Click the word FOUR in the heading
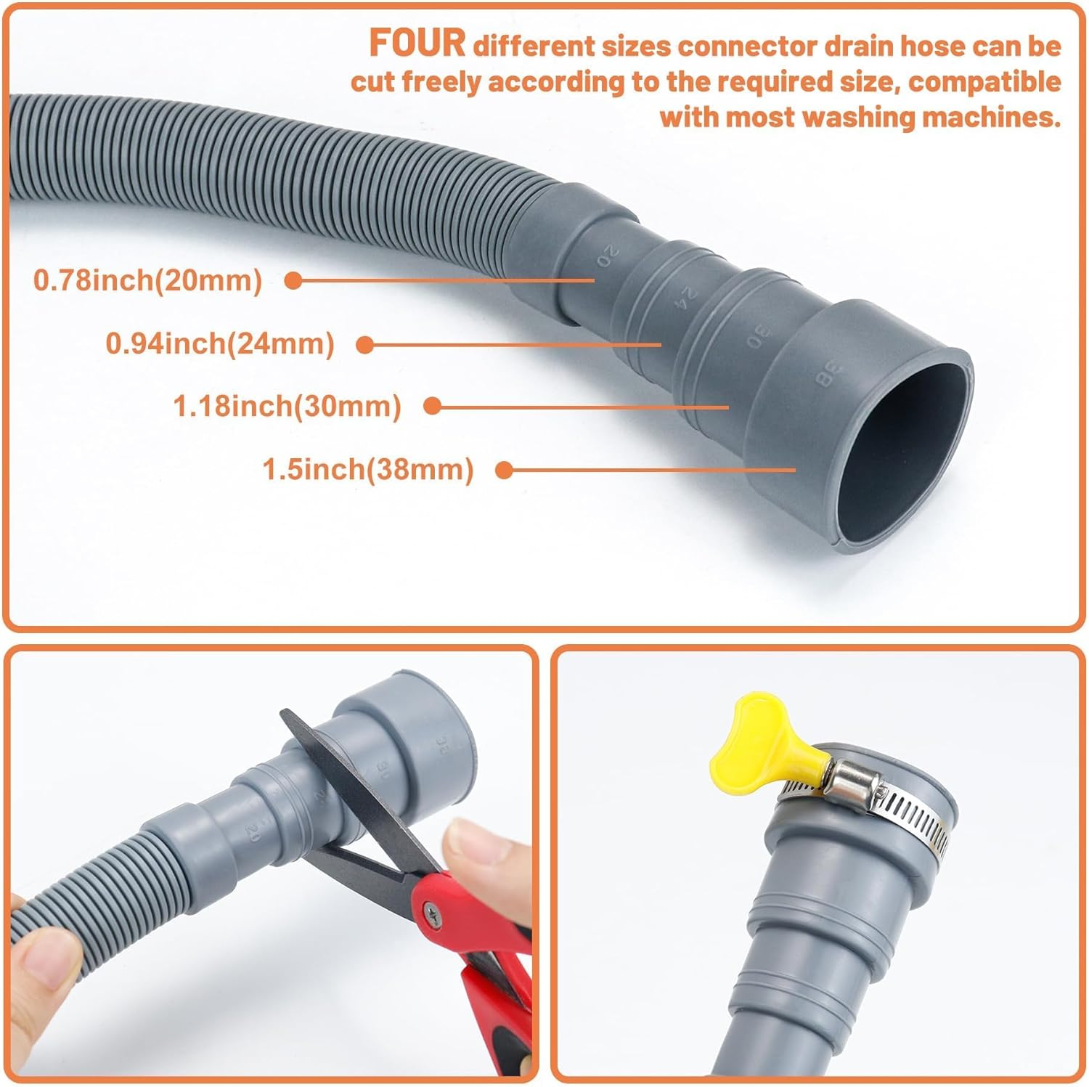(x=417, y=43)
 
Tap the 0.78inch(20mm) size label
(x=147, y=280)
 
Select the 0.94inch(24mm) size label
(x=220, y=343)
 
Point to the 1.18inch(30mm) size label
(x=287, y=406)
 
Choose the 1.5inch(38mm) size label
(x=368, y=469)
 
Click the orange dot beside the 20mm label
(x=293, y=281)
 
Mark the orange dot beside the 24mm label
(x=366, y=345)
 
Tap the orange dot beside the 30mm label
(x=432, y=407)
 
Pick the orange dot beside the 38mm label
(x=504, y=471)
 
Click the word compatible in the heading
(x=984, y=81)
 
